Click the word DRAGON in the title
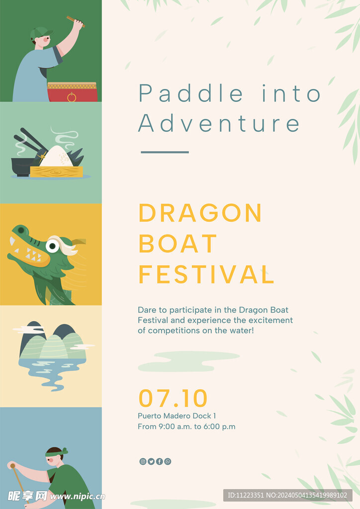coord(200,213)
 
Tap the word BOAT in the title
coord(178,244)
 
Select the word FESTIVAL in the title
coord(206,274)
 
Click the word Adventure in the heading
coord(219,123)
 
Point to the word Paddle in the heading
coord(191,93)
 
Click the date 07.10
coord(173,398)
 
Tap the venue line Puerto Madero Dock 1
coord(177,416)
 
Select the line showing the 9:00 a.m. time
coord(186,426)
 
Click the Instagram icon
coord(143,461)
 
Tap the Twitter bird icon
coord(151,461)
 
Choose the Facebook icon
coord(160,461)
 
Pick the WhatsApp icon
coord(168,461)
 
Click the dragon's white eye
coord(52,246)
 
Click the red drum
coord(73,92)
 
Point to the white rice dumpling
coord(57,157)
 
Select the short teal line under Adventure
coord(165,152)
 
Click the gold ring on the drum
coord(72,97)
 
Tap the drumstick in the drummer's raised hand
coord(76,21)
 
